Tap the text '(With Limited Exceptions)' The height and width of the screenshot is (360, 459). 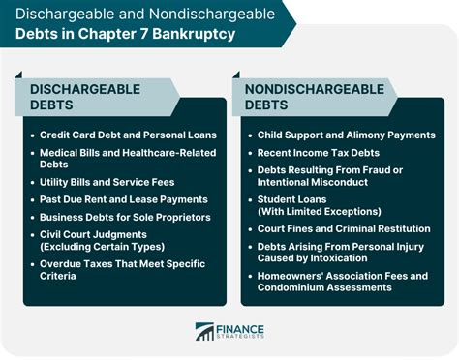tap(318, 212)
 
